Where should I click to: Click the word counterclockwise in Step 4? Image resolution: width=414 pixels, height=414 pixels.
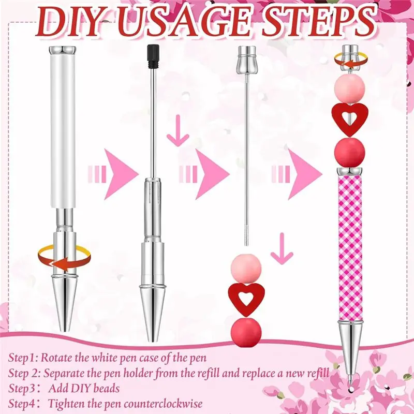point(165,404)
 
